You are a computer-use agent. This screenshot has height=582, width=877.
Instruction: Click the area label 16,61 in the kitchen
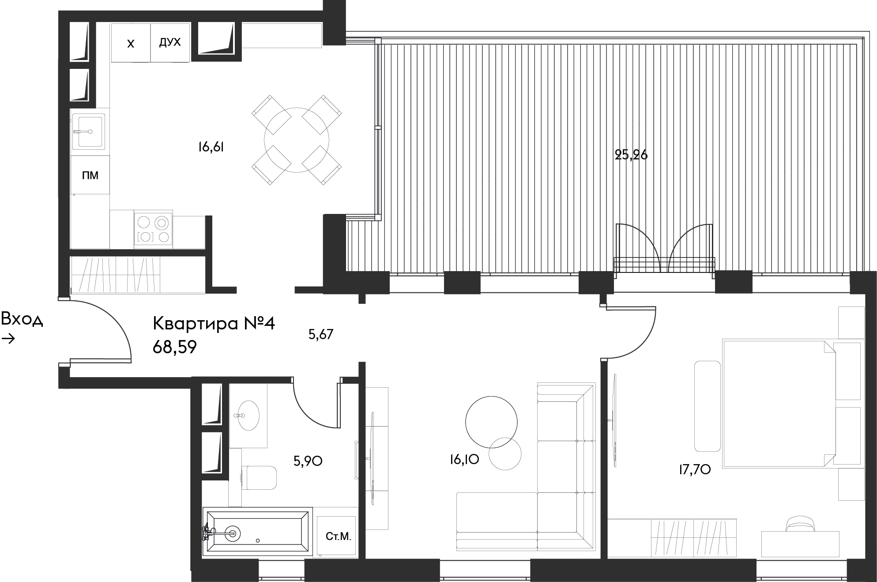pyautogui.click(x=211, y=147)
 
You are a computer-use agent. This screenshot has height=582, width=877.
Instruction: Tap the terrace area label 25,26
pyautogui.click(x=631, y=155)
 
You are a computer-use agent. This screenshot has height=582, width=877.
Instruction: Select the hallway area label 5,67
pyautogui.click(x=321, y=335)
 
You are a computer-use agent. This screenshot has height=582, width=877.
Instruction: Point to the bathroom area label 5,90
pyautogui.click(x=308, y=461)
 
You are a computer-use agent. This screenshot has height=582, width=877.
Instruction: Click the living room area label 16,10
pyautogui.click(x=464, y=460)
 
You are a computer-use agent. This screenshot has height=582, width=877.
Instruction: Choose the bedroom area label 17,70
pyautogui.click(x=694, y=470)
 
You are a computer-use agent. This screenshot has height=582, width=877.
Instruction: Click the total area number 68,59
pyautogui.click(x=174, y=348)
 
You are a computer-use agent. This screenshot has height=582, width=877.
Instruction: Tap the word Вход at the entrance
pyautogui.click(x=22, y=319)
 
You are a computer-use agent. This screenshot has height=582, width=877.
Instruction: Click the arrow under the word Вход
pyautogui.click(x=8, y=339)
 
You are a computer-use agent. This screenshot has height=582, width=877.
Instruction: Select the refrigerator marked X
pyautogui.click(x=131, y=43)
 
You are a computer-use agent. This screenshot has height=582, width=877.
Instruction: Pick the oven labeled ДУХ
pyautogui.click(x=170, y=42)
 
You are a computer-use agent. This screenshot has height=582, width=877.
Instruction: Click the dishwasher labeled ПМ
pyautogui.click(x=90, y=175)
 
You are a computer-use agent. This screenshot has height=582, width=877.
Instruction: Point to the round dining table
pyautogui.click(x=297, y=140)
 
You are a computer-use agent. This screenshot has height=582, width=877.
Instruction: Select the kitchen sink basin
pyautogui.click(x=89, y=131)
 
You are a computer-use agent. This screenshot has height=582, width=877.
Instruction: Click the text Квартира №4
pyautogui.click(x=214, y=324)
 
